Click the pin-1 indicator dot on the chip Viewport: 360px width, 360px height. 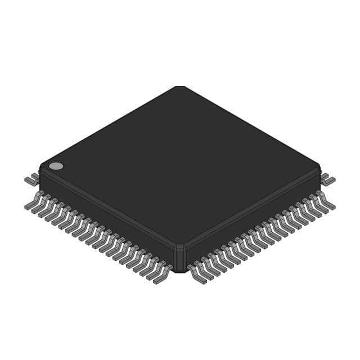tap(56, 166)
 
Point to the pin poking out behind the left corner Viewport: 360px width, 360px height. tap(31, 180)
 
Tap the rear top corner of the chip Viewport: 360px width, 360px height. tap(179, 87)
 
